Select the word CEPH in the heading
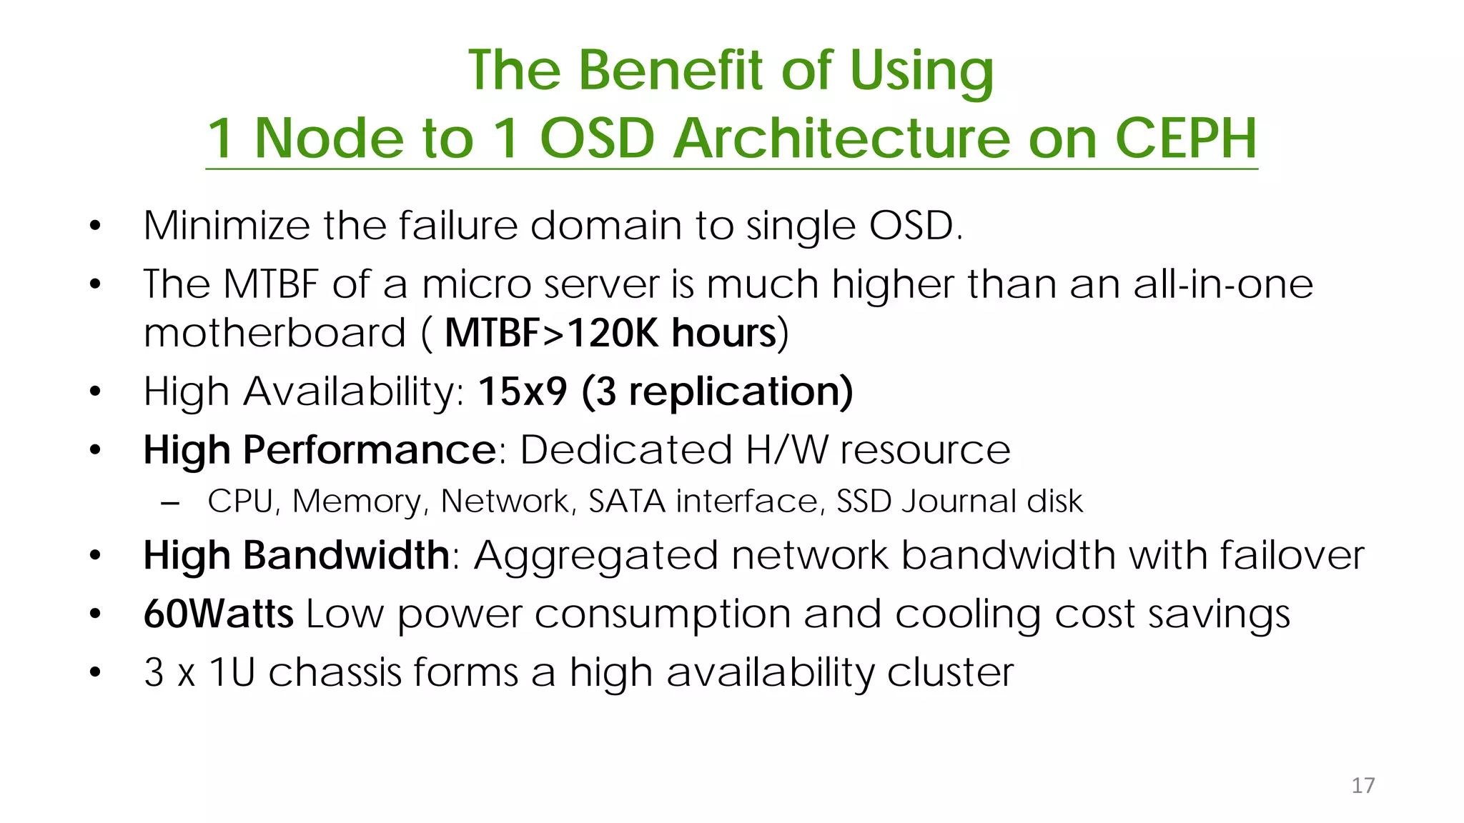coord(1186,138)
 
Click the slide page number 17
coord(1362,785)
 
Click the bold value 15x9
coord(523,391)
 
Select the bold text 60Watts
coord(218,614)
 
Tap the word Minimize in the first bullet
coord(227,226)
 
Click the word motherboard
coord(274,333)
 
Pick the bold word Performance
coord(370,450)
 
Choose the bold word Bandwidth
coord(346,555)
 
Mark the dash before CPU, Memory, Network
coord(170,502)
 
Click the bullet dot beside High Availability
coord(96,391)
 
